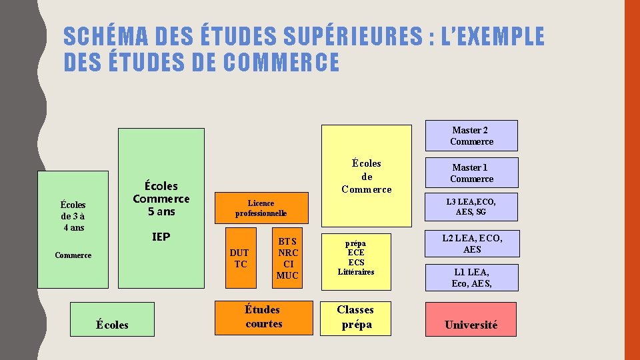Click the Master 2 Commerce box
click(x=472, y=135)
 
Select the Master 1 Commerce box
click(x=472, y=173)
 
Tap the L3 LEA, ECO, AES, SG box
click(x=471, y=207)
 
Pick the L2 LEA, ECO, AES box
click(x=471, y=244)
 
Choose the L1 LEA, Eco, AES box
click(x=471, y=277)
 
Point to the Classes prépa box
click(x=356, y=317)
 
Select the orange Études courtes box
click(x=263, y=317)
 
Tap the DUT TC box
click(x=240, y=258)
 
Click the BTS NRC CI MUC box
click(x=287, y=258)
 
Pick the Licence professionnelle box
click(x=261, y=208)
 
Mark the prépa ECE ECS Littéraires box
click(x=356, y=258)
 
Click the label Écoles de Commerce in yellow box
click(x=367, y=176)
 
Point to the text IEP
click(x=161, y=237)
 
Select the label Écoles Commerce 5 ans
click(x=161, y=198)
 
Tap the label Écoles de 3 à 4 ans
click(x=73, y=216)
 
